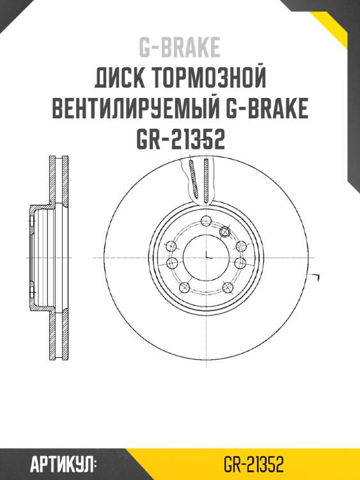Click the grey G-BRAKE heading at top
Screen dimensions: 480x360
[x=180, y=47]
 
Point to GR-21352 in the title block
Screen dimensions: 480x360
[x=180, y=139]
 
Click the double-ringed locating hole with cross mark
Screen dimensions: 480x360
[x=226, y=230]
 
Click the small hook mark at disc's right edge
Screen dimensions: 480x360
[x=315, y=275]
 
